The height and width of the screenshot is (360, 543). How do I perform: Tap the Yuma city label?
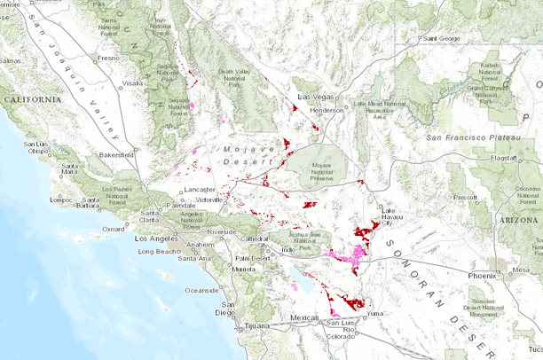coord(376,313)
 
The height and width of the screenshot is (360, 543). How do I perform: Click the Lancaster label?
coord(200,190)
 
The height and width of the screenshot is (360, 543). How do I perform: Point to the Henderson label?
coord(327,110)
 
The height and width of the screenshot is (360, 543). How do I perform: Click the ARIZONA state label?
coord(520,218)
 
